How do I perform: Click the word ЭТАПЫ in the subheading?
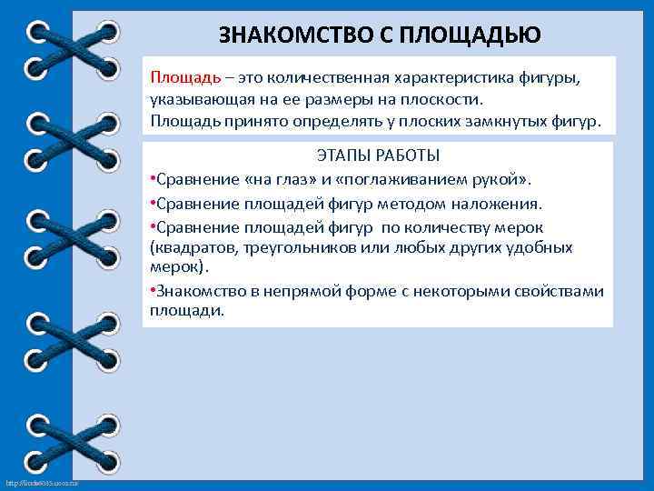pyautogui.click(x=342, y=155)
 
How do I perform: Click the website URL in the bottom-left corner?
pyautogui.click(x=42, y=482)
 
